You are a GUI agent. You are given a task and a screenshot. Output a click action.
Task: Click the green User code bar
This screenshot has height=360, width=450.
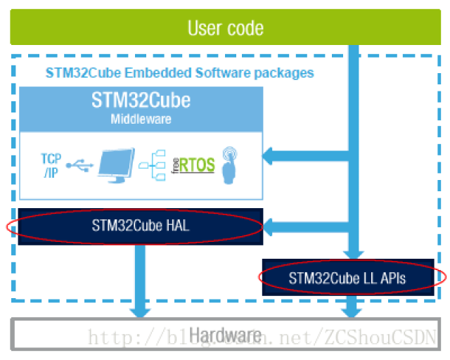225,28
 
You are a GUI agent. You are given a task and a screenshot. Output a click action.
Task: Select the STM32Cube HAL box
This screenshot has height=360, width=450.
141,226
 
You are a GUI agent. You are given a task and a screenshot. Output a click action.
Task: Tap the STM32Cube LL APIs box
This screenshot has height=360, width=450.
347,277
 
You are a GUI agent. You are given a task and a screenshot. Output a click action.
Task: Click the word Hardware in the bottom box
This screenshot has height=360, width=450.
225,335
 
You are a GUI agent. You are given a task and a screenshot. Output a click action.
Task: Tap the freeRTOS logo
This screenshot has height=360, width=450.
193,166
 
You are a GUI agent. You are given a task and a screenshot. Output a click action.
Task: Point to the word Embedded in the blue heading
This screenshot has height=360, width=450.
139,73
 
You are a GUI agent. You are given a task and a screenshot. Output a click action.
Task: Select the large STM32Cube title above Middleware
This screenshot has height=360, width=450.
141,100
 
